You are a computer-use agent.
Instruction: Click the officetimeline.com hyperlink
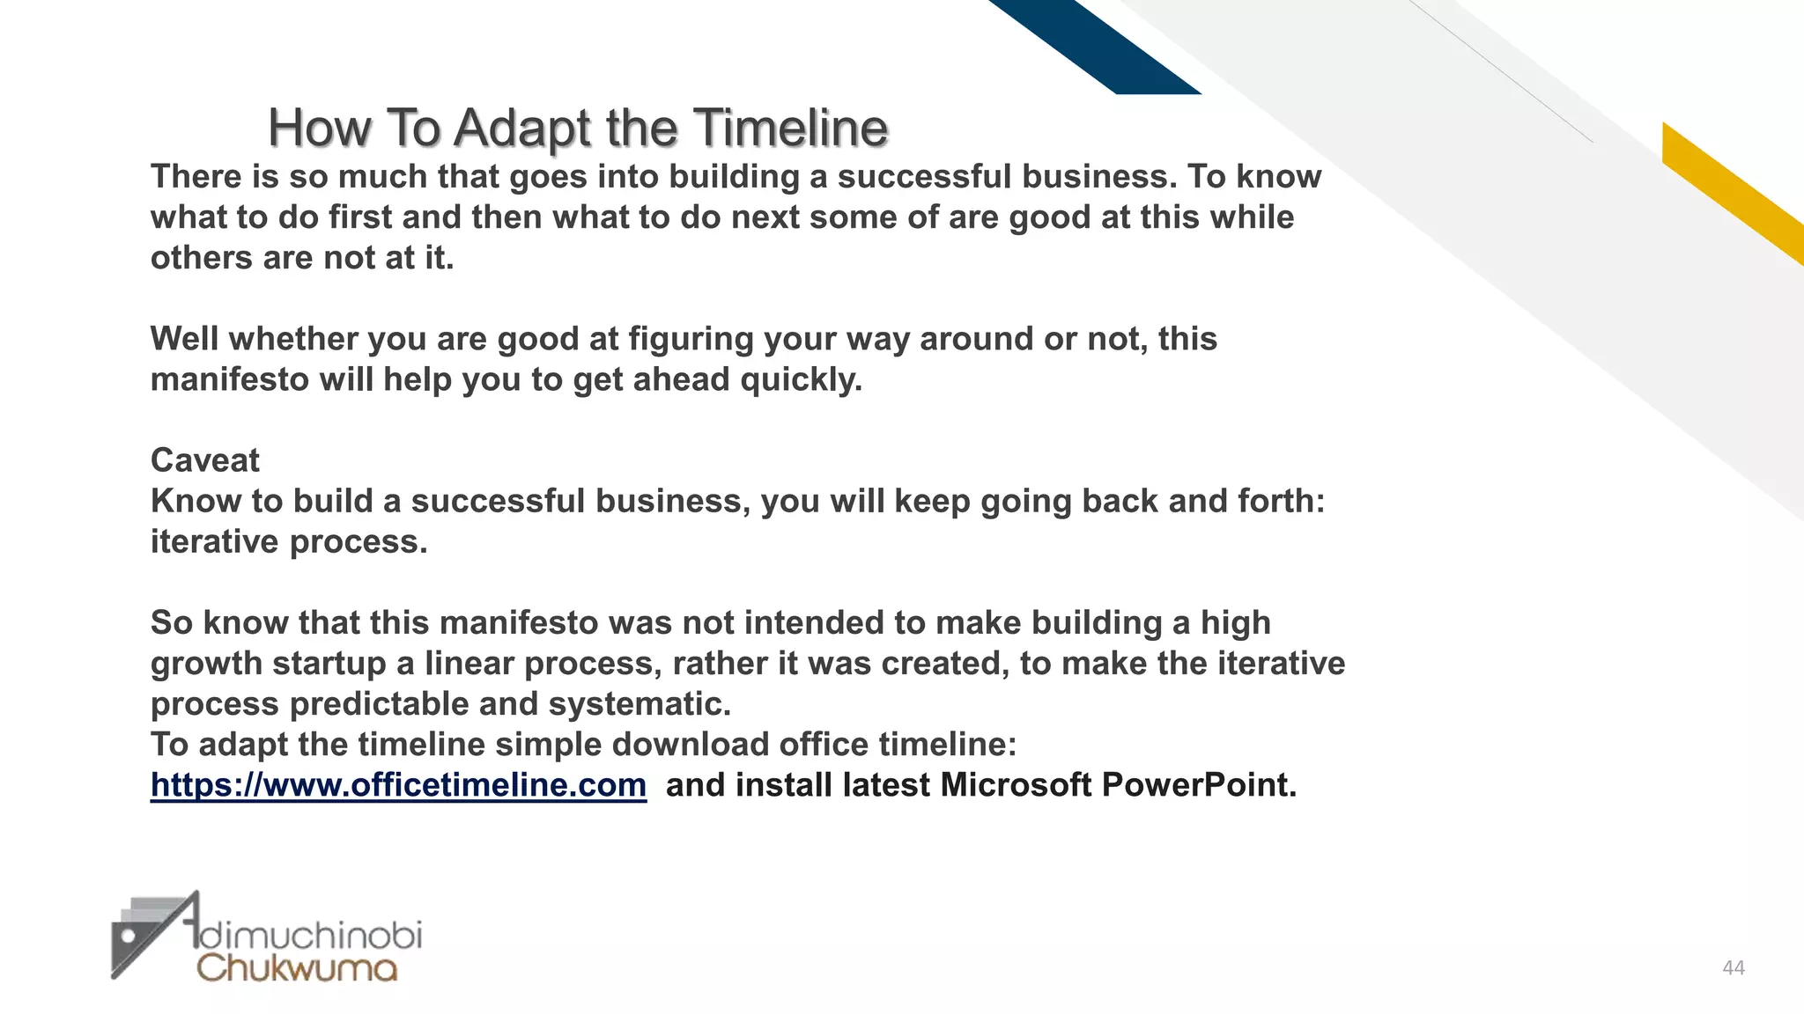pyautogui.click(x=398, y=784)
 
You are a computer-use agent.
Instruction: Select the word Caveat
pyautogui.click(x=205, y=460)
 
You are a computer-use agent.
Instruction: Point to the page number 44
pyautogui.click(x=1733, y=968)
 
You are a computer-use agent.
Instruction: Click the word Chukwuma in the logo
pyautogui.click(x=297, y=967)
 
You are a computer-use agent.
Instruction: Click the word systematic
pyautogui.click(x=640, y=703)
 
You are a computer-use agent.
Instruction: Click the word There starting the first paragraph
pyautogui.click(x=196, y=177)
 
